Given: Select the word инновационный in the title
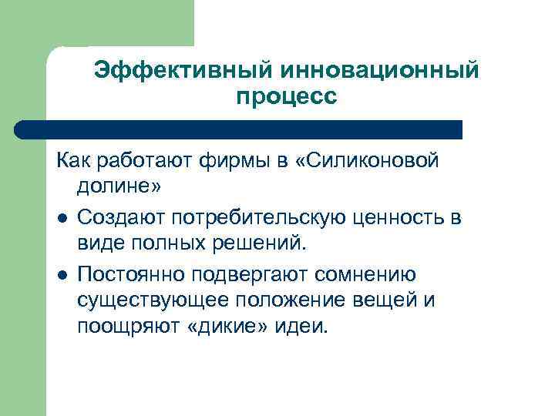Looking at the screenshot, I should coord(380,71).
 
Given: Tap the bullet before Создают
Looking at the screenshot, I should coord(61,218).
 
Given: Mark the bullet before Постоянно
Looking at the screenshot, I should coord(61,273).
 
